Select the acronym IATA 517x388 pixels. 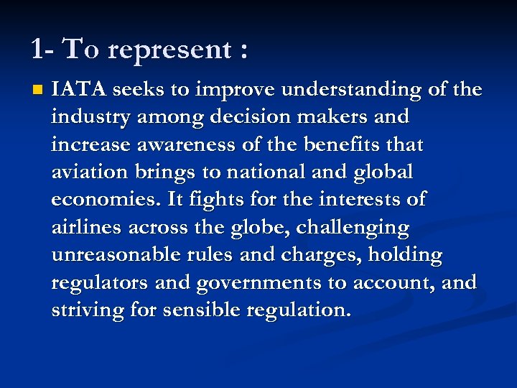coord(78,89)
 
